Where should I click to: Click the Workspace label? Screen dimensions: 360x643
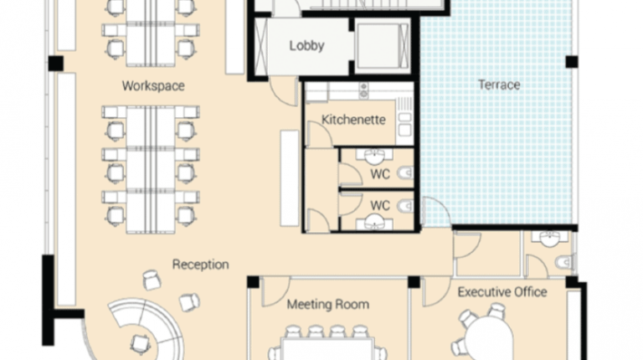[152, 86]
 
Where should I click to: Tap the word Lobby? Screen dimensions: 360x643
[306, 46]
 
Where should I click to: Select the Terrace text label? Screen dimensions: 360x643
[499, 85]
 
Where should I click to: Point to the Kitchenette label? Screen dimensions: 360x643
[354, 120]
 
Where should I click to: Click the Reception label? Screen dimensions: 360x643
[200, 265]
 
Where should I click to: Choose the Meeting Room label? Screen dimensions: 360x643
[327, 305]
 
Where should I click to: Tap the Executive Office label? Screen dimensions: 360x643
[502, 292]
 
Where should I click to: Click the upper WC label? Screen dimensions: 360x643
[380, 174]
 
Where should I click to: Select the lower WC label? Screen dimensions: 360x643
[380, 205]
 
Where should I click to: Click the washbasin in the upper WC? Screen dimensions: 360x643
[376, 155]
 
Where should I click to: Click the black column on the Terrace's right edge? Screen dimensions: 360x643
[571, 61]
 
